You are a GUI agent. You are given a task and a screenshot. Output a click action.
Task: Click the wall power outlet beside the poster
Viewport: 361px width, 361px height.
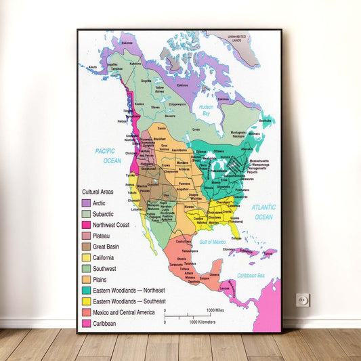tap(303, 300)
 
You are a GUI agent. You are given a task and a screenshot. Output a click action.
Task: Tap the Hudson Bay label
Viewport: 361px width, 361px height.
tap(206, 110)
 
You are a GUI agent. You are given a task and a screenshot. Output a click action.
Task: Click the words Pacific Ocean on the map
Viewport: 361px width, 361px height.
tap(108, 156)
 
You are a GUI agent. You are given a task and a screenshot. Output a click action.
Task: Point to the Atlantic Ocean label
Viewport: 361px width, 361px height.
tap(263, 212)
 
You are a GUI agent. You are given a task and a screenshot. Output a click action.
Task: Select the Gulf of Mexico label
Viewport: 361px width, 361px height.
tap(213, 242)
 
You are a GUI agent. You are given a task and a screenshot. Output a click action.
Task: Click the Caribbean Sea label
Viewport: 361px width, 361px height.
tap(249, 276)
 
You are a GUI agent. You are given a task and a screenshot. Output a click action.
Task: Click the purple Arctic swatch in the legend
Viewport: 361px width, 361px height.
tap(86, 203)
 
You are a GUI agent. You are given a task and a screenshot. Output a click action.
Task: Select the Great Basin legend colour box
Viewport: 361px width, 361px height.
tap(86, 247)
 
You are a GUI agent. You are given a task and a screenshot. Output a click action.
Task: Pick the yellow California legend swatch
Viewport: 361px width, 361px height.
tap(86, 257)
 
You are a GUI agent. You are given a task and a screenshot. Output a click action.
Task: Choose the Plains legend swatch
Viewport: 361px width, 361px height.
tap(86, 279)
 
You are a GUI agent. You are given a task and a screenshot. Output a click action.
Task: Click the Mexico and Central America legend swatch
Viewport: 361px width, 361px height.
tap(86, 312)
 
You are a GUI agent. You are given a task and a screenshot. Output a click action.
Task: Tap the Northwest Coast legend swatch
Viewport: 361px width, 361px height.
tap(86, 225)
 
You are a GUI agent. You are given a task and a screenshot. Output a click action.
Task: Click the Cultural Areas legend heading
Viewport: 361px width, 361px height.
tap(98, 192)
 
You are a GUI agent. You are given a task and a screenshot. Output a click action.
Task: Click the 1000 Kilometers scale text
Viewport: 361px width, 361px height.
tap(203, 322)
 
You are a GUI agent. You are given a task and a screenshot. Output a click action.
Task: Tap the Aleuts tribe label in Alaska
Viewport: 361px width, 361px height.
tap(92, 67)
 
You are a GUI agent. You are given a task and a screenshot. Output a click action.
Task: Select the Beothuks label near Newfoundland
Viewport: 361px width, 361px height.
tap(266, 121)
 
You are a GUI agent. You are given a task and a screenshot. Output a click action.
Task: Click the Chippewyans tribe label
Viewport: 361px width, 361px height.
tap(177, 104)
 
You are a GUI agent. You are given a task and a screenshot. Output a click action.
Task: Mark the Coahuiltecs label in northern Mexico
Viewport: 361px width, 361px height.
tap(184, 241)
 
